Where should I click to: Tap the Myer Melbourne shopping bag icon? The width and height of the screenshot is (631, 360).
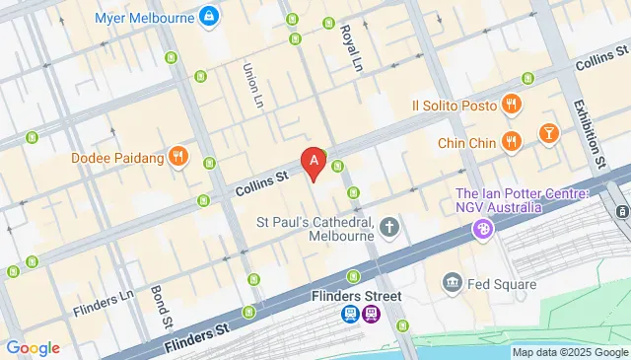(209, 17)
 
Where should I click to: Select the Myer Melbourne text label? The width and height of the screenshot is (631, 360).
(145, 18)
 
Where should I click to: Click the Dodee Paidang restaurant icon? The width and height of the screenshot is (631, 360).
(177, 156)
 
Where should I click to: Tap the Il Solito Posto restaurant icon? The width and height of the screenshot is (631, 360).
(511, 104)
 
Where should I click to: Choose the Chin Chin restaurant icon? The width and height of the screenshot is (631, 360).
(511, 141)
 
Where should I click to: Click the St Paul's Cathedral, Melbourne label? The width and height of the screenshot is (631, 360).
(315, 229)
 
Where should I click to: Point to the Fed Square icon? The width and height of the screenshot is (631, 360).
(454, 284)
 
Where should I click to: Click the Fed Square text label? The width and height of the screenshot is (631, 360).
(504, 285)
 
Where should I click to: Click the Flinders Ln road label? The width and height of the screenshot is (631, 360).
(103, 304)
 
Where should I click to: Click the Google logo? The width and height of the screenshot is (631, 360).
(33, 347)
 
